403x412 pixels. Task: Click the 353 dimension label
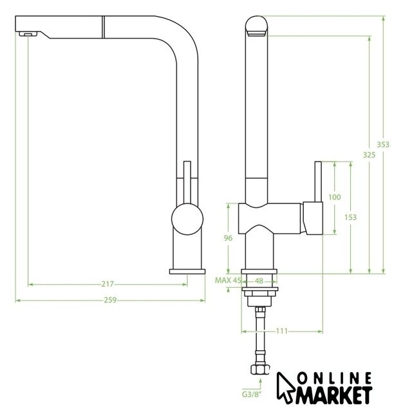pos(383,145)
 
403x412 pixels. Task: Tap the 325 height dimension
pos(369,154)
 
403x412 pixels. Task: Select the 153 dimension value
pos(350,218)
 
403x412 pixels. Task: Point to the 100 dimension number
pos(334,197)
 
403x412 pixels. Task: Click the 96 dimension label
pos(227,238)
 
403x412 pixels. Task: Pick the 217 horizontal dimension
pos(108,284)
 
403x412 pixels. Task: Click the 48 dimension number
pos(259,281)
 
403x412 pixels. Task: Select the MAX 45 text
pos(228,280)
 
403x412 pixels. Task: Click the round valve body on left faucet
pos(186,219)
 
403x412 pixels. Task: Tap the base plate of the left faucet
pos(186,270)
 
